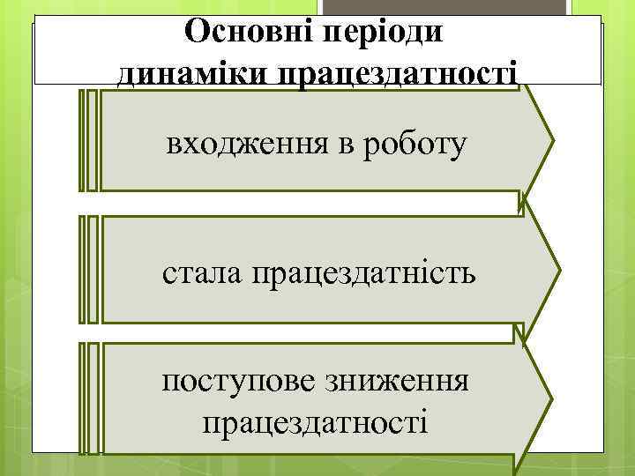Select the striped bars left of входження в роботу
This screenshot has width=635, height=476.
click(x=88, y=139)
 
